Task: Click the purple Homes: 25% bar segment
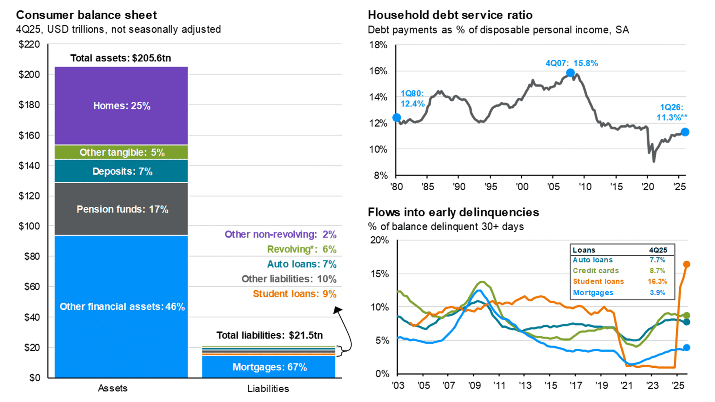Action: [x=121, y=106]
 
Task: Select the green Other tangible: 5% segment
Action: [x=121, y=152]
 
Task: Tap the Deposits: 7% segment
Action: [x=121, y=171]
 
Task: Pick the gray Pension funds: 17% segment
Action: [x=121, y=209]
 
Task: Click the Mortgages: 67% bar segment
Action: [x=269, y=367]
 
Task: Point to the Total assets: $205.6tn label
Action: [x=120, y=58]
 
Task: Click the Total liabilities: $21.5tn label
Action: [x=270, y=335]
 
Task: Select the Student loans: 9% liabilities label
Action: [x=294, y=294]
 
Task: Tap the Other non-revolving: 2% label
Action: [x=280, y=234]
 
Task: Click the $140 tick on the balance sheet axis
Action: [x=29, y=166]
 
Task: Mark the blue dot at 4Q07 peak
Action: [x=570, y=73]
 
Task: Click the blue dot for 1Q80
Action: [x=397, y=118]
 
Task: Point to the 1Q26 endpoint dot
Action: [x=685, y=132]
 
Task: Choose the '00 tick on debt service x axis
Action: [x=522, y=186]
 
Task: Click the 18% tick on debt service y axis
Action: [x=378, y=45]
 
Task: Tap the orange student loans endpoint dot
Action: [x=687, y=264]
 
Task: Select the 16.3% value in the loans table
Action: [x=657, y=281]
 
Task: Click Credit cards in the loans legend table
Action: [x=595, y=271]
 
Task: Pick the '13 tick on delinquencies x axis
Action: [x=525, y=386]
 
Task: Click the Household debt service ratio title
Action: [x=450, y=15]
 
